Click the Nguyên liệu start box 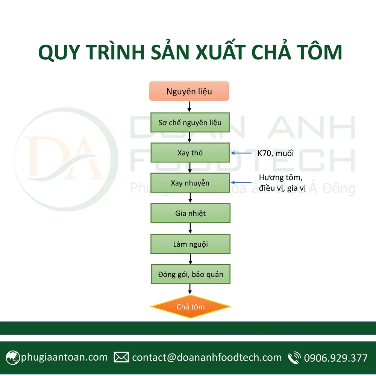[x=189, y=91]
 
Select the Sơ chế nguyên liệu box [x=190, y=123]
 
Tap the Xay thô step [x=190, y=153]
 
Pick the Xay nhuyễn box [x=190, y=183]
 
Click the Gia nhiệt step [x=190, y=213]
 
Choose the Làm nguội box [x=190, y=244]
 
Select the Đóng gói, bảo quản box [x=190, y=274]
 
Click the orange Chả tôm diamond [x=191, y=307]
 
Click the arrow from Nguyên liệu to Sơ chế [x=190, y=107]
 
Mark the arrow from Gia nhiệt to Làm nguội [x=190, y=229]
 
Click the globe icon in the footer [x=12, y=357]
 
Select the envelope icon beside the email [x=121, y=357]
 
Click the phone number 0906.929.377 [x=335, y=358]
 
